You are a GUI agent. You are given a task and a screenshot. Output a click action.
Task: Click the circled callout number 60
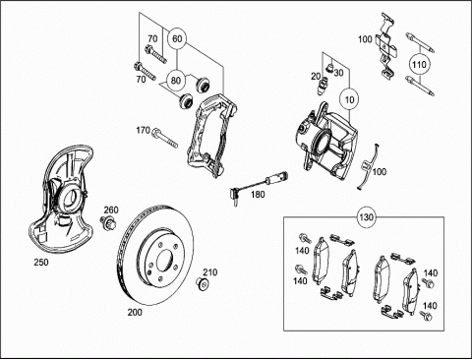[x=177, y=39]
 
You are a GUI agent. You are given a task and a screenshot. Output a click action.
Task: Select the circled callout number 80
[x=176, y=81]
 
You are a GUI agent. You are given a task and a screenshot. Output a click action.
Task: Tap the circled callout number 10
[x=350, y=99]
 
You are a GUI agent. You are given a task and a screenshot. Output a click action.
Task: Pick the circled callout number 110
[x=419, y=65]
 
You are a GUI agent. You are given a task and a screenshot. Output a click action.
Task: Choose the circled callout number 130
[x=366, y=217]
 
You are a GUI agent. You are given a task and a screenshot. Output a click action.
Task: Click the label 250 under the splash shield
[x=41, y=263]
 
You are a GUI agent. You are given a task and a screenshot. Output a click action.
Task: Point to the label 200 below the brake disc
[x=135, y=313]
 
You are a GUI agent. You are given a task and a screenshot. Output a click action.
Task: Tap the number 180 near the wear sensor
[x=258, y=195]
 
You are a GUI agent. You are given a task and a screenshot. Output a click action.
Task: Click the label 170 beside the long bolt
[x=143, y=131]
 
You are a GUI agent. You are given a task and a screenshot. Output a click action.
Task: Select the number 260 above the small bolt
[x=111, y=210]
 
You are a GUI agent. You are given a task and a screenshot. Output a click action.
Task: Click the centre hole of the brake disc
[x=164, y=261]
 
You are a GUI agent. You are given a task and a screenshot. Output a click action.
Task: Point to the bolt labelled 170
[x=165, y=138]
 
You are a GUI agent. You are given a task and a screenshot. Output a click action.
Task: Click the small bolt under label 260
[x=108, y=222]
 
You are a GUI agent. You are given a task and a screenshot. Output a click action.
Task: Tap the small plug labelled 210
[x=203, y=283]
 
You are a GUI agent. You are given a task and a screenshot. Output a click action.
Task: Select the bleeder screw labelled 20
[x=323, y=87]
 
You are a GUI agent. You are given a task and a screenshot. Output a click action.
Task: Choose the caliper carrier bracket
[x=211, y=136]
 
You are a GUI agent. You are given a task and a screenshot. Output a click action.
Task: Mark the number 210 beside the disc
[x=209, y=272]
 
